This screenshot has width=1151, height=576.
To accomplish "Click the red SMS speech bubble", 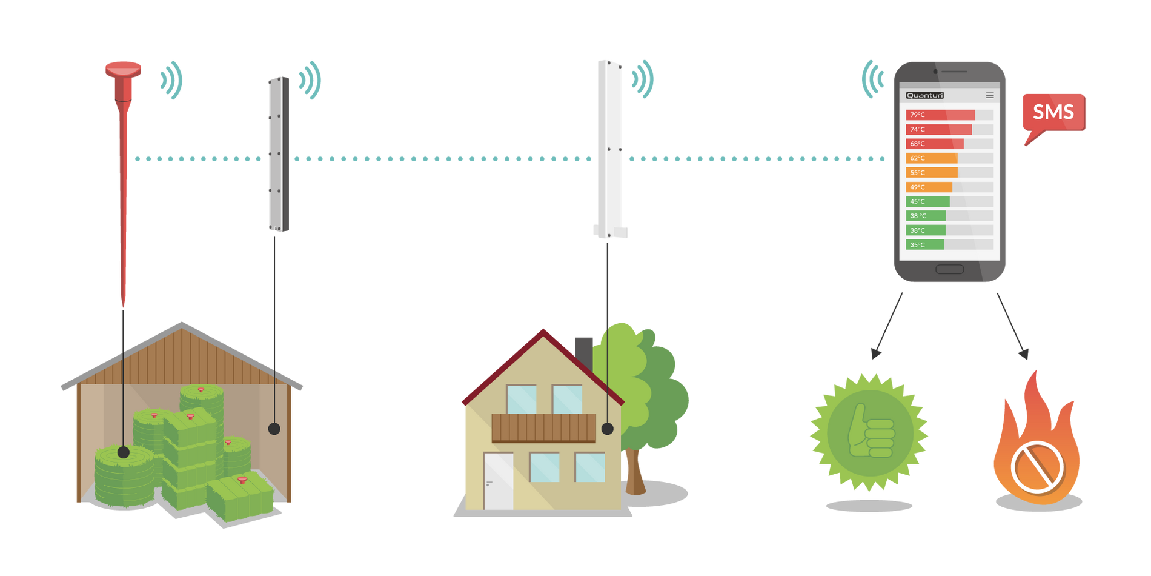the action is [1053, 113].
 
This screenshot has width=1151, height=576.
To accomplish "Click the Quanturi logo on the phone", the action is [925, 95].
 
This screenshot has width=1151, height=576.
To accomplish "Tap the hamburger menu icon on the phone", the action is [990, 95].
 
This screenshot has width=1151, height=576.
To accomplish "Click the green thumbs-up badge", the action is [869, 432].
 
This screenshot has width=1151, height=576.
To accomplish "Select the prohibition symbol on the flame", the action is [1038, 467].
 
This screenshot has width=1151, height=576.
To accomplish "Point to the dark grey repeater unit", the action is [279, 154].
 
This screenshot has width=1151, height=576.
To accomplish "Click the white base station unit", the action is [610, 149].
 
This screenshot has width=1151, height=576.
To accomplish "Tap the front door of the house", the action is [498, 481].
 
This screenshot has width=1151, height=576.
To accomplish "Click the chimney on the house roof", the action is [583, 353].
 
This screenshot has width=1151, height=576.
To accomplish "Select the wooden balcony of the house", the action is [543, 428].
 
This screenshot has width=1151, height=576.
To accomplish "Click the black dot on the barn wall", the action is [274, 429].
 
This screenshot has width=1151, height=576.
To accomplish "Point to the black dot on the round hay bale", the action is [124, 452].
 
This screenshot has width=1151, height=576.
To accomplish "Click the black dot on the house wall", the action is [608, 429].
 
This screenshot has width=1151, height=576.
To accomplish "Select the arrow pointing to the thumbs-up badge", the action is [888, 326].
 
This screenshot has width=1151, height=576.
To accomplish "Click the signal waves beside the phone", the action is [872, 79].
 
